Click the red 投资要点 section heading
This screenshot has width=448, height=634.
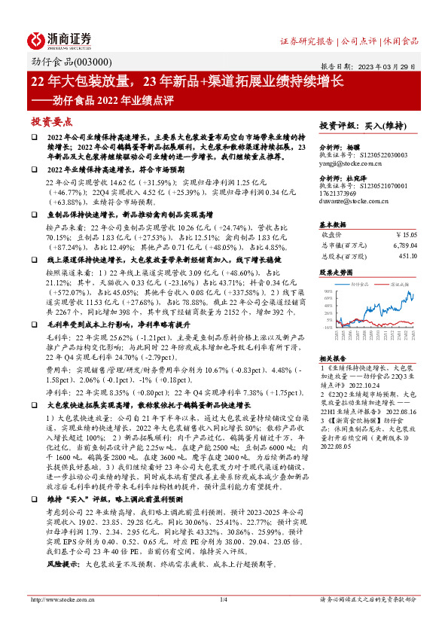coord(51,121)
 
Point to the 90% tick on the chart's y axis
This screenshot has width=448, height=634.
coord(326,291)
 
